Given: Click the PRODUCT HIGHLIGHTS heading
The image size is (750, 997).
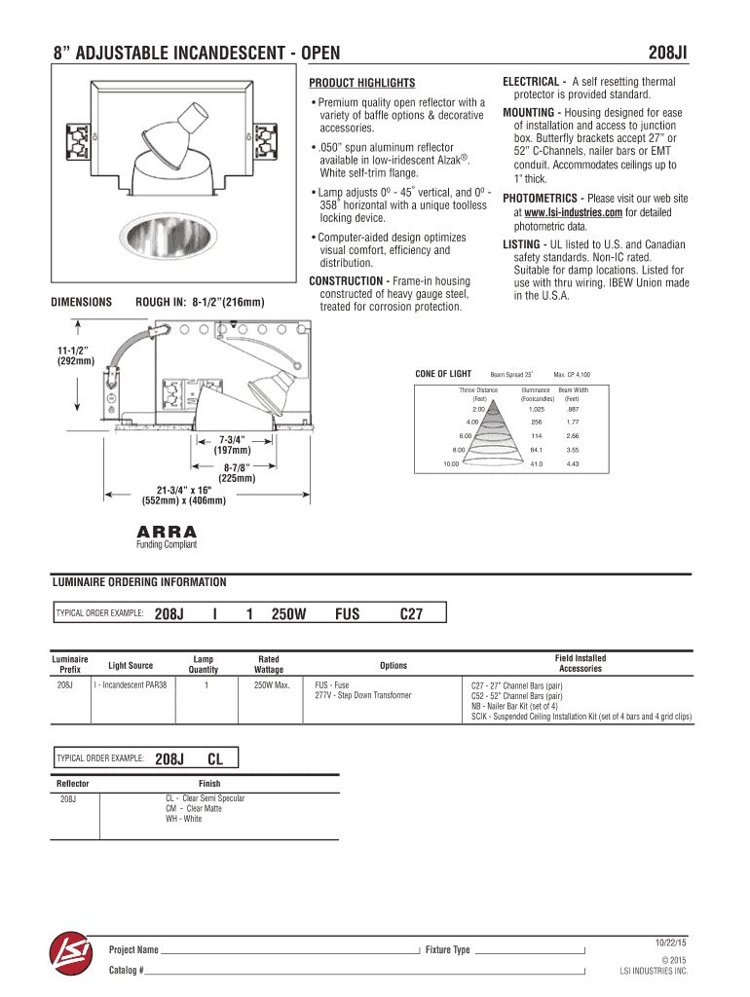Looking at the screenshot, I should (362, 83).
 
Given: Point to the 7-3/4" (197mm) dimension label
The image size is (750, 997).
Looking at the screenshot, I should (232, 444).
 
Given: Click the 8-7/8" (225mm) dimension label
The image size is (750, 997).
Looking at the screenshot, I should (237, 472).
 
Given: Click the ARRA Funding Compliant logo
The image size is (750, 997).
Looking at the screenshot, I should (167, 536).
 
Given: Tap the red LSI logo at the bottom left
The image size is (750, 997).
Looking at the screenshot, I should (70, 958).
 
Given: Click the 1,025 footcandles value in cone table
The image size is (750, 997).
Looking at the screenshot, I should (536, 410).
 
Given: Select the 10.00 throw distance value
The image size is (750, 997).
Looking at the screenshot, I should (450, 463).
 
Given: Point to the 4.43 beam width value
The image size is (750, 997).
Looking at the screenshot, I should (572, 463).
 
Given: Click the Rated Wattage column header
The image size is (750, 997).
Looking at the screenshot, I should (269, 665).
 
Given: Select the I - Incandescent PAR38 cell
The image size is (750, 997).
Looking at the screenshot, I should (131, 685).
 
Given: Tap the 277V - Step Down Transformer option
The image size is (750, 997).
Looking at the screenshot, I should (362, 696).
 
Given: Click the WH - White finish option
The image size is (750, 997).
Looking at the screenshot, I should (184, 819).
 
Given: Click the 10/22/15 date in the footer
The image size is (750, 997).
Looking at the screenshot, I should (671, 942).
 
